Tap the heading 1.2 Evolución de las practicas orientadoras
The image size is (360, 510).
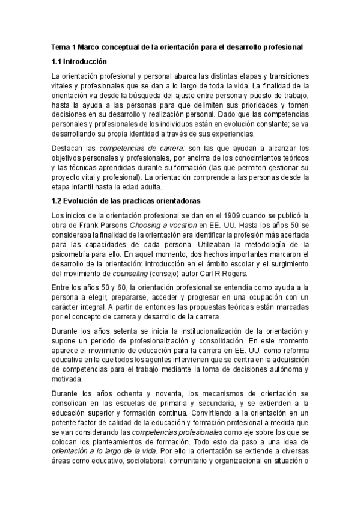point(126,200)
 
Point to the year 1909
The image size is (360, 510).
point(228,216)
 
